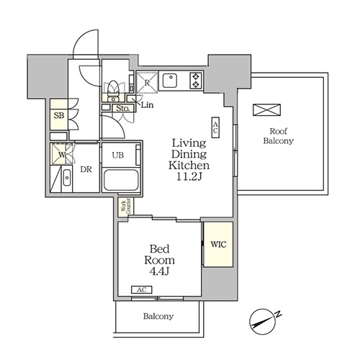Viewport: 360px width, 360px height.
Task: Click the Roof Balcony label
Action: [x=279, y=136]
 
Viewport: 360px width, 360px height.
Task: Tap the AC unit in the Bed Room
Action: [x=142, y=289]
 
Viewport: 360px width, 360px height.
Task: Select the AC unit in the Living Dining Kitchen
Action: [x=215, y=127]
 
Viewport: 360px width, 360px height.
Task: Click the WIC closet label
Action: [x=218, y=245]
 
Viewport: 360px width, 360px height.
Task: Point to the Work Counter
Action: [x=126, y=207]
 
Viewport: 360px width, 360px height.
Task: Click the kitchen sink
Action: [x=170, y=81]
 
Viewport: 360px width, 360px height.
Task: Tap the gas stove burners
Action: [x=196, y=81]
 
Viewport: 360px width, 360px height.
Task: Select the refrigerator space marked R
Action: [x=147, y=82]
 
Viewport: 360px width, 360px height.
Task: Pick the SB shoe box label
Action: [x=59, y=115]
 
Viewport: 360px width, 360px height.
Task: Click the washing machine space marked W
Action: [x=61, y=154]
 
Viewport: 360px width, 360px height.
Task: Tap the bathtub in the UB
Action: [x=121, y=180]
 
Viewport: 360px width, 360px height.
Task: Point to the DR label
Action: [x=86, y=169]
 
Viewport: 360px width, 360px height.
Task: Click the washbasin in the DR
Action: [x=67, y=178]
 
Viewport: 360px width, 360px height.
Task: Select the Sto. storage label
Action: [x=123, y=109]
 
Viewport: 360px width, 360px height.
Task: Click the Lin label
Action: [x=147, y=105]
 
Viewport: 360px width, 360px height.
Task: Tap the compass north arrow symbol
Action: [x=263, y=322]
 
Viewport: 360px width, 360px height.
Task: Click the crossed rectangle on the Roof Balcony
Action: [x=266, y=110]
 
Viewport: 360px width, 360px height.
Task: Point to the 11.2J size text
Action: [x=189, y=176]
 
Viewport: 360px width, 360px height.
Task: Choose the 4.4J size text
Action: [x=159, y=271]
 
